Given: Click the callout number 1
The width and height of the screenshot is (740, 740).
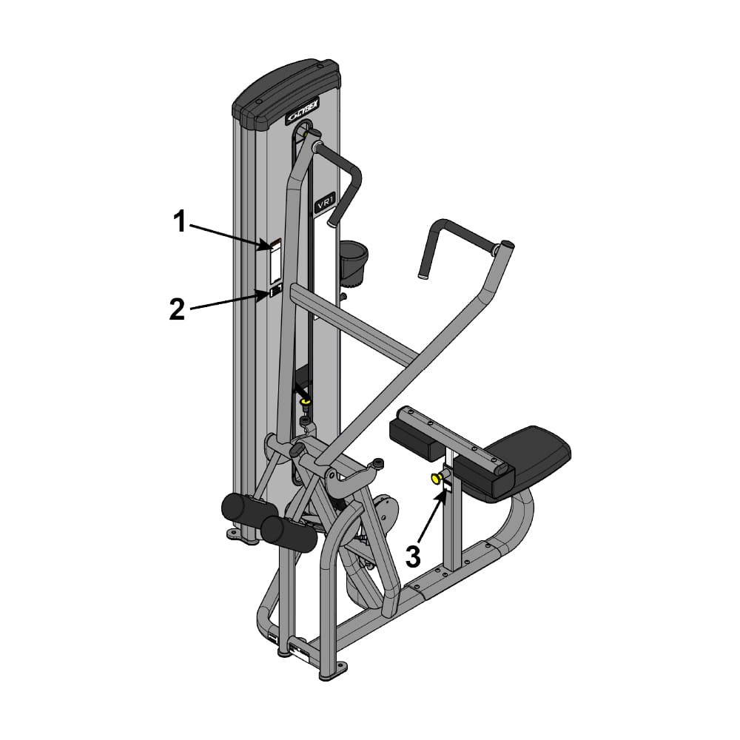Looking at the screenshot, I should click(180, 221).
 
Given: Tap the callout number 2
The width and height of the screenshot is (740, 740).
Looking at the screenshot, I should click(177, 309).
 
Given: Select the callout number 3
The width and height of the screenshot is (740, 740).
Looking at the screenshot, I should click(413, 556).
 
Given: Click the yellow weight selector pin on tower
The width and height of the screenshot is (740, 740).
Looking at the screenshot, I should click(306, 402).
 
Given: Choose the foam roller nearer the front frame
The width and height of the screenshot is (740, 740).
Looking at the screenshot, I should click(288, 533).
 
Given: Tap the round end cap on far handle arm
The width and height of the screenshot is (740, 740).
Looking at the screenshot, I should click(507, 245).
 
